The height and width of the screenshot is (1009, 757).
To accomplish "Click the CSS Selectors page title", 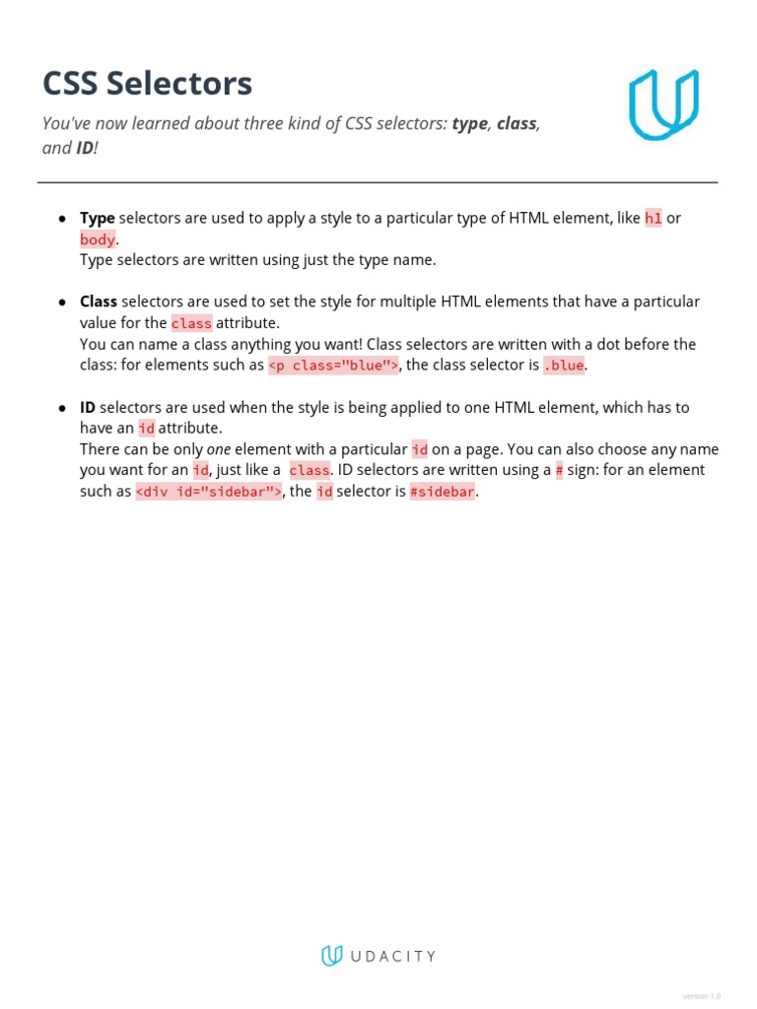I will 147,84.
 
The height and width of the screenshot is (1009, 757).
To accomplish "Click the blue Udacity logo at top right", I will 663,103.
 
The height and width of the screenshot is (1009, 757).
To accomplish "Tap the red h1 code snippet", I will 654,219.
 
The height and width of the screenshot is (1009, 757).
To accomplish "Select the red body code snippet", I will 98,239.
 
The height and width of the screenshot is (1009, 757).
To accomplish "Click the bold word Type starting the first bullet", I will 97,218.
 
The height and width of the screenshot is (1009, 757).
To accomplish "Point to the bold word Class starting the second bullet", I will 98,302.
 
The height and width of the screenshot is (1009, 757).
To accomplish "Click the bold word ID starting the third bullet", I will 88,407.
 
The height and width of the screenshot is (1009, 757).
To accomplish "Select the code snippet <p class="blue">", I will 333,366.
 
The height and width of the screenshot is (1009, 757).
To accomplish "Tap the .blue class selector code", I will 564,366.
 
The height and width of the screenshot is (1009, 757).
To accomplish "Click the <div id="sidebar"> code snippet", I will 209,492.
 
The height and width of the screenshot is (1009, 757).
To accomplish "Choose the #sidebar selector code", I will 443,492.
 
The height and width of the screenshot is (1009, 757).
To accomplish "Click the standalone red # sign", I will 559,470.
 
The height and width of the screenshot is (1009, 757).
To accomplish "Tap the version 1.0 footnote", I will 701,996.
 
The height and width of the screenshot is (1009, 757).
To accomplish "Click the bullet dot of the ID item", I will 62,408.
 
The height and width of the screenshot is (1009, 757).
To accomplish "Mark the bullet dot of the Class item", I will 62,303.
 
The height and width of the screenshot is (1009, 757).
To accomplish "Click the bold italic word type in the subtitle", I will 469,124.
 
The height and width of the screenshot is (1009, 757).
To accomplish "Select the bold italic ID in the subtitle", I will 86,149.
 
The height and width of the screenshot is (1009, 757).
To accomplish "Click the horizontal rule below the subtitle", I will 378,182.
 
